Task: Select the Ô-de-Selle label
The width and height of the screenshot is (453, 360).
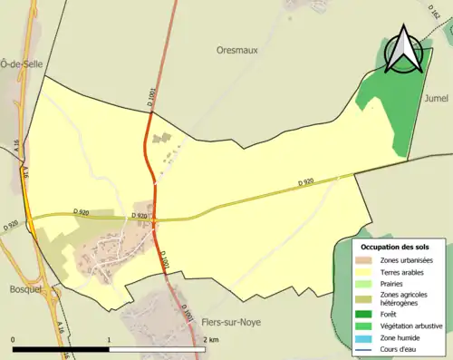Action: pyautogui.click(x=17, y=63)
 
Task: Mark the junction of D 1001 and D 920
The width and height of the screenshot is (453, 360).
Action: pyautogui.click(x=155, y=219)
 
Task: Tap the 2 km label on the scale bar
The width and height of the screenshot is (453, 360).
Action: pyautogui.click(x=211, y=339)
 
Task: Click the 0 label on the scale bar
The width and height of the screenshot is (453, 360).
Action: pyautogui.click(x=14, y=339)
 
